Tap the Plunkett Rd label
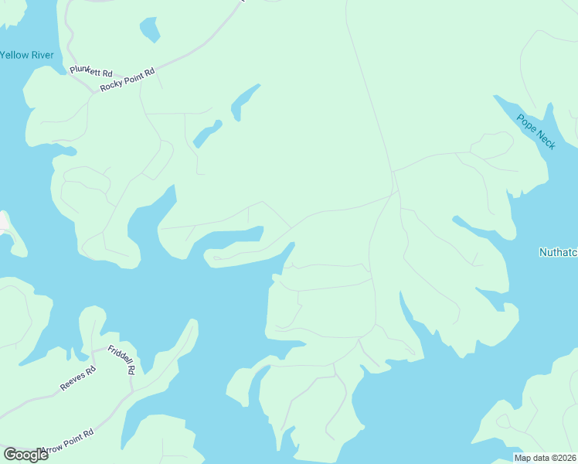85,71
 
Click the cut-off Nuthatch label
557,252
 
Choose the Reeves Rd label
77,377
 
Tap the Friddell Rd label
121,360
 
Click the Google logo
25,454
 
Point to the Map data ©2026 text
546,458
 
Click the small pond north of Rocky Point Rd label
149,29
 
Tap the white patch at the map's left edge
4,223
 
